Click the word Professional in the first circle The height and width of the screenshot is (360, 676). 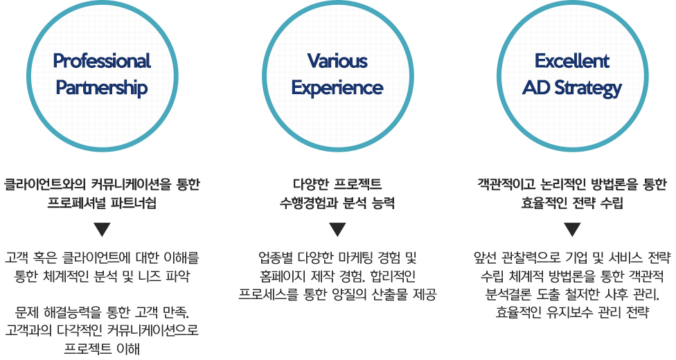pyautogui.click(x=102, y=61)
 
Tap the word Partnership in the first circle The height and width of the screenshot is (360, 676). pyautogui.click(x=102, y=88)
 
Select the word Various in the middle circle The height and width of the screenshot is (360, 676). pyautogui.click(x=337, y=61)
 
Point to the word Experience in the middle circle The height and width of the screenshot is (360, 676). pyautogui.click(x=337, y=88)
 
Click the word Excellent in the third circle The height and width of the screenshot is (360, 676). pyautogui.click(x=572, y=61)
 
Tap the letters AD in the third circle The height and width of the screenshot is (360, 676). pyautogui.click(x=536, y=87)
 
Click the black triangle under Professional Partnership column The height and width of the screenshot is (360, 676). pyautogui.click(x=103, y=229)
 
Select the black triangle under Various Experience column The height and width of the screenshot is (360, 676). pyautogui.click(x=337, y=229)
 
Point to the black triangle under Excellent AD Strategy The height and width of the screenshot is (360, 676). pyautogui.click(x=572, y=229)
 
